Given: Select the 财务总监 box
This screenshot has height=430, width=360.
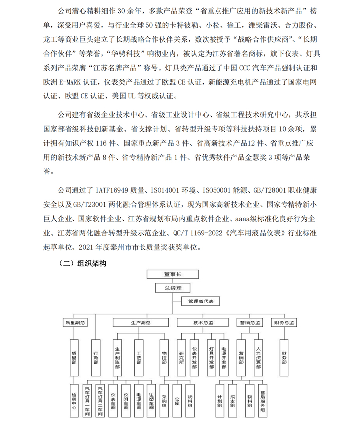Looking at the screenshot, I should (284, 323).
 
